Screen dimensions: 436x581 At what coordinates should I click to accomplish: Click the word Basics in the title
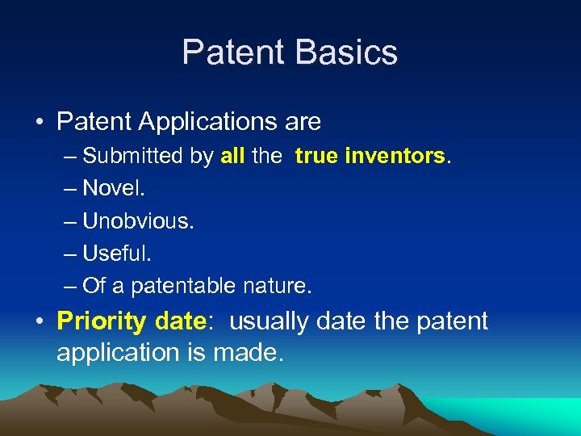click(347, 52)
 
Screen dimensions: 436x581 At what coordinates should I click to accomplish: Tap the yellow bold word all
click(232, 156)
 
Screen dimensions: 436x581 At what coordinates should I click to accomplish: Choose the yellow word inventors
click(395, 156)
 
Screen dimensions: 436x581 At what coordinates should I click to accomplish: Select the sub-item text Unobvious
click(138, 220)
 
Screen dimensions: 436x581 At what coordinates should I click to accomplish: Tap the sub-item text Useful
click(116, 253)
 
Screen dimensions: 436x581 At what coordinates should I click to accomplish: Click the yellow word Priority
click(102, 321)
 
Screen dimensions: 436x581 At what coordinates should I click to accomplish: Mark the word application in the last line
click(119, 353)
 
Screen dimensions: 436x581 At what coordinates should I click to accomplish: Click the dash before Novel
click(69, 188)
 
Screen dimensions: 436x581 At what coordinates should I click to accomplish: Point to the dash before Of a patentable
click(69, 286)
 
